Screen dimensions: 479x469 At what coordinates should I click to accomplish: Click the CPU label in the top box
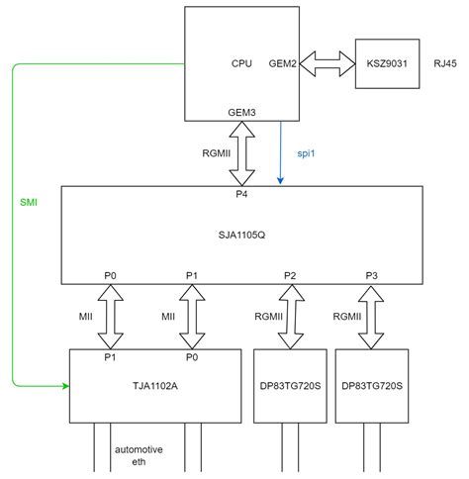pyautogui.click(x=241, y=62)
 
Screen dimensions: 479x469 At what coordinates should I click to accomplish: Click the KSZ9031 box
pyautogui.click(x=387, y=62)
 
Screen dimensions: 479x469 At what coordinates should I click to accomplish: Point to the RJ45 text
pyautogui.click(x=444, y=62)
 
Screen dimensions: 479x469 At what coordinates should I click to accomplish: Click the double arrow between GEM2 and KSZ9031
pyautogui.click(x=329, y=62)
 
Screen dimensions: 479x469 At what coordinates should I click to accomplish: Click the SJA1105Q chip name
pyautogui.click(x=240, y=235)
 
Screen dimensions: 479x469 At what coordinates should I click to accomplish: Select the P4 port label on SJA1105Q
pyautogui.click(x=240, y=195)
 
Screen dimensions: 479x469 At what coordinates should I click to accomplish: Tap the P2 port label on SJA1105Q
pyautogui.click(x=289, y=275)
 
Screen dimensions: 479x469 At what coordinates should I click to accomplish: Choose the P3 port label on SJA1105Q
pyautogui.click(x=371, y=275)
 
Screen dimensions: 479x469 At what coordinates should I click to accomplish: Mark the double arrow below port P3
pyautogui.click(x=371, y=317)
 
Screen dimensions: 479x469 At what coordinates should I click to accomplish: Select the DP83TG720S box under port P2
pyautogui.click(x=290, y=385)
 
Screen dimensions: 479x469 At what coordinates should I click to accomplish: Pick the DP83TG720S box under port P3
pyautogui.click(x=371, y=385)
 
